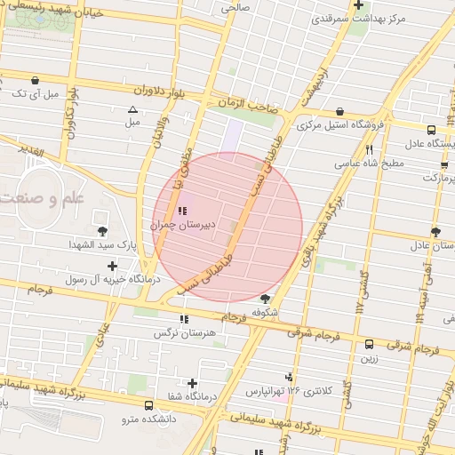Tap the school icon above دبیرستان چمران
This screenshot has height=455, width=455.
click(x=182, y=212)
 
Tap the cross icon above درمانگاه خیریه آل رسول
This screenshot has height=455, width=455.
click(x=111, y=266)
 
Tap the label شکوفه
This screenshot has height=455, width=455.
click(x=266, y=313)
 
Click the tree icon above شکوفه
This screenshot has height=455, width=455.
click(x=266, y=299)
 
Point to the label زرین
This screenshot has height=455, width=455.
click(x=369, y=359)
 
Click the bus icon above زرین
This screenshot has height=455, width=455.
click(x=369, y=345)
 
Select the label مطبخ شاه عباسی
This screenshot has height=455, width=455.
click(x=369, y=164)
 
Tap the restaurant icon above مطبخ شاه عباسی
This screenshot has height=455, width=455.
click(x=369, y=150)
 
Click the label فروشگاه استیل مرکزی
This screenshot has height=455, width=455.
click(x=341, y=125)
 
